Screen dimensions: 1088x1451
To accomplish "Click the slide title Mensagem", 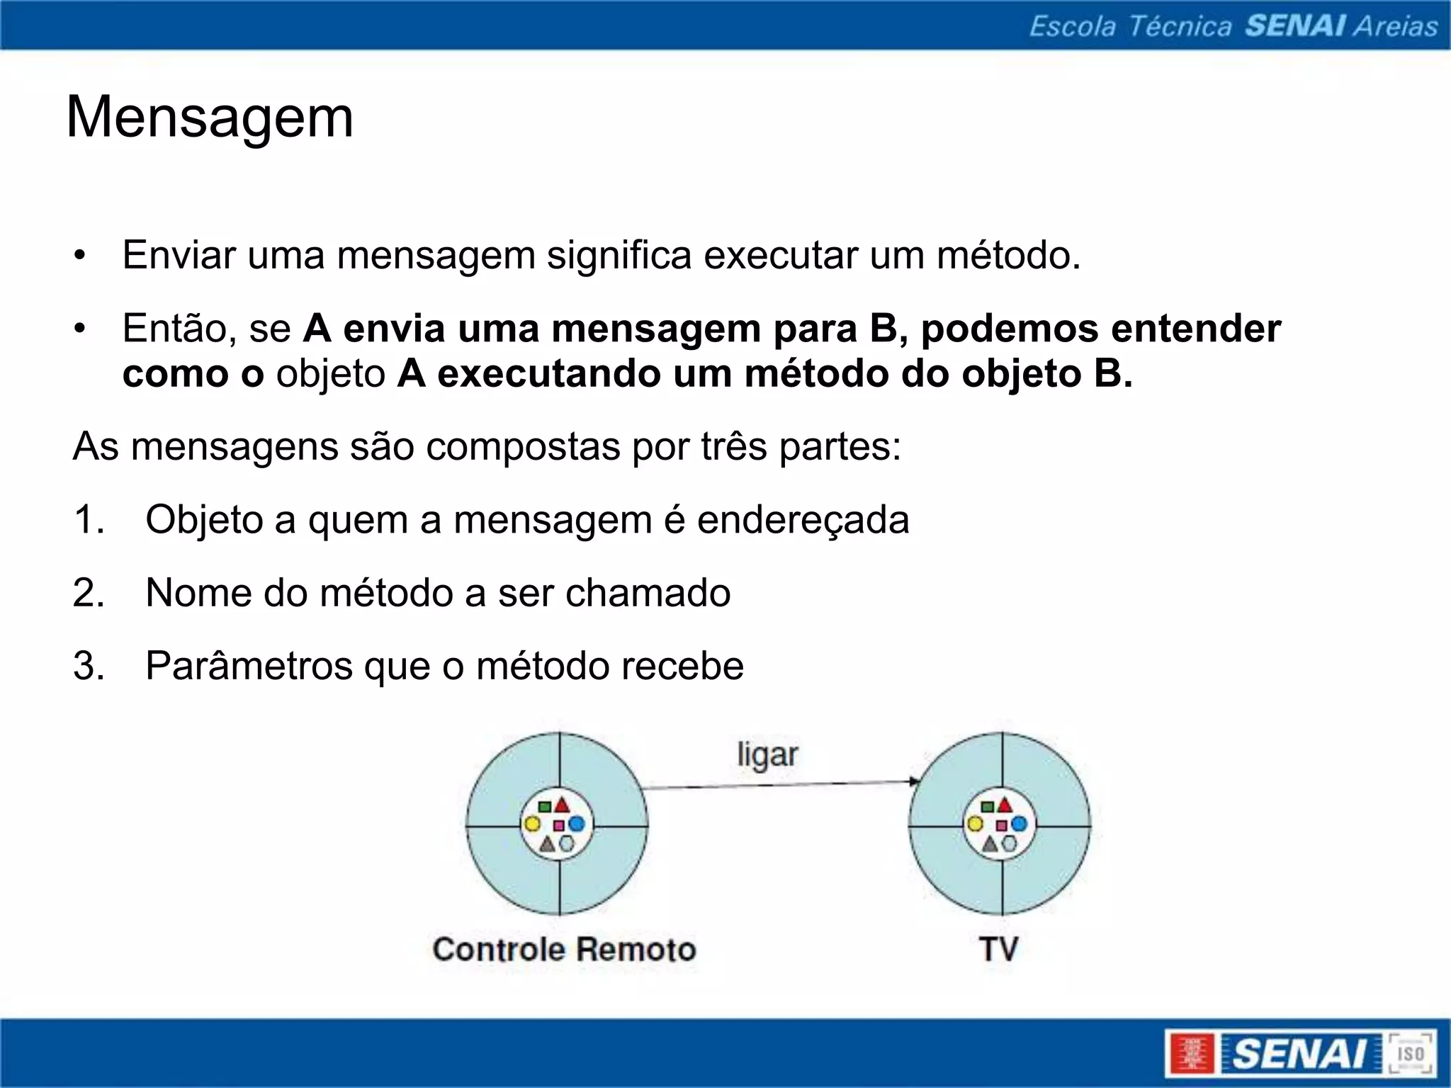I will point(210,118).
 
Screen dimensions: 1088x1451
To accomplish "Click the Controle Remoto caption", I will point(564,949).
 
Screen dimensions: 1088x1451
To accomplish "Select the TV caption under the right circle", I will point(999,949).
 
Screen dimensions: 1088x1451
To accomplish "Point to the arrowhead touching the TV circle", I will point(915,781).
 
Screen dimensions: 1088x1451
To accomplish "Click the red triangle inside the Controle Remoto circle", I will point(562,805).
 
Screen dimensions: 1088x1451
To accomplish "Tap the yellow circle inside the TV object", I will point(975,824).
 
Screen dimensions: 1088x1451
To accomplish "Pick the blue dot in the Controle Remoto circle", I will point(577,824).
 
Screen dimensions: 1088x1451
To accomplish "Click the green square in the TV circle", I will point(987,807).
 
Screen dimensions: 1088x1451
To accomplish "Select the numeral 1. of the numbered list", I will point(89,519).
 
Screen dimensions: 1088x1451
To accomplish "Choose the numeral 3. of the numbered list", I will point(89,666).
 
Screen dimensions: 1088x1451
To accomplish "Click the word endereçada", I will point(803,520).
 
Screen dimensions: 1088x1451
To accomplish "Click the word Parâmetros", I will point(249,666).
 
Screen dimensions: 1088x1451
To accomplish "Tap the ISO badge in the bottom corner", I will point(1410,1054).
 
